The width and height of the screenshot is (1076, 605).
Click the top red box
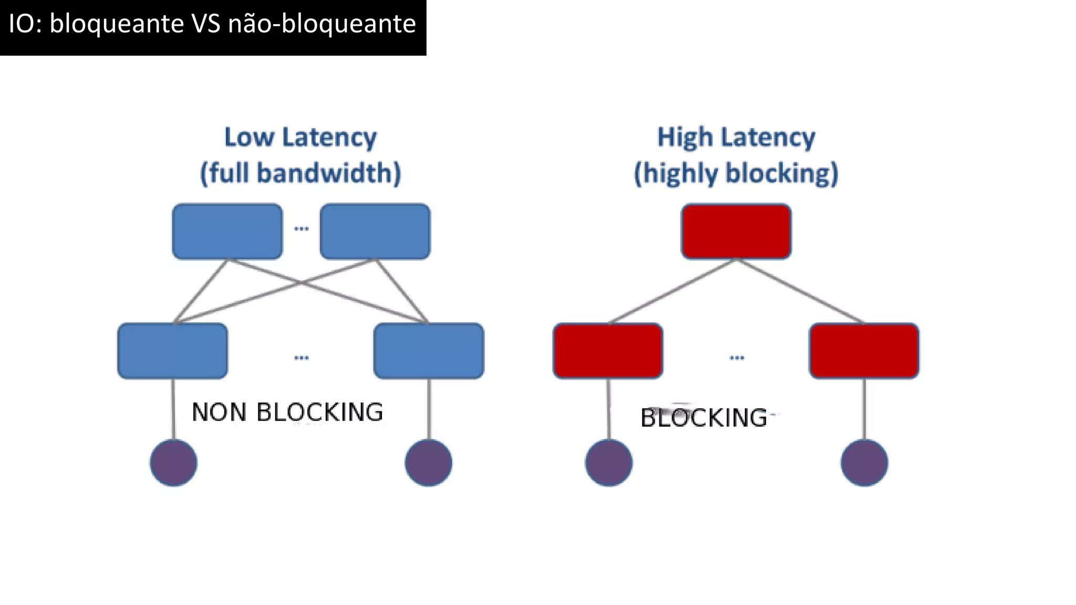click(x=736, y=232)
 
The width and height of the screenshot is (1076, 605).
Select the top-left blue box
click(x=227, y=232)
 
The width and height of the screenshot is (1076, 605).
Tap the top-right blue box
click(x=375, y=232)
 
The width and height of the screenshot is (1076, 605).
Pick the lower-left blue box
click(x=173, y=351)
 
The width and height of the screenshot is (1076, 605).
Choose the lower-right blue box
click(x=429, y=351)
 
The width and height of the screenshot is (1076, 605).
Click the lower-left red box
click(x=608, y=351)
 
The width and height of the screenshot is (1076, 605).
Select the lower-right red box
click(x=864, y=351)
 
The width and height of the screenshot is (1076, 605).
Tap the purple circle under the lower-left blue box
click(x=173, y=463)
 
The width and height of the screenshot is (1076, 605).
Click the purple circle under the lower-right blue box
click(x=429, y=463)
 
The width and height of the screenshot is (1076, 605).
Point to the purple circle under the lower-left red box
click(x=608, y=463)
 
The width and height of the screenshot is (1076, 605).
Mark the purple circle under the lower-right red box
click(x=864, y=463)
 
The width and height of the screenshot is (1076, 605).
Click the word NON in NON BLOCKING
click(x=219, y=412)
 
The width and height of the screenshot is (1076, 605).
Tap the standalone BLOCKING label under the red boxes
click(x=704, y=418)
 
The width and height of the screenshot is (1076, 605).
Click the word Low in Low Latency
click(x=249, y=138)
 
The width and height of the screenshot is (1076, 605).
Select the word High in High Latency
click(x=685, y=138)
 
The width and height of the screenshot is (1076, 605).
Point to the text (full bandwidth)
click(x=301, y=173)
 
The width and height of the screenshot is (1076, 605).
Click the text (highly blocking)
click(x=736, y=173)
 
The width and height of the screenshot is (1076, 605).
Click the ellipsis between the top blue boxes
click(x=301, y=228)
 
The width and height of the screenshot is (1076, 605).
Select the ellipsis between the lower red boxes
click(x=737, y=358)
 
